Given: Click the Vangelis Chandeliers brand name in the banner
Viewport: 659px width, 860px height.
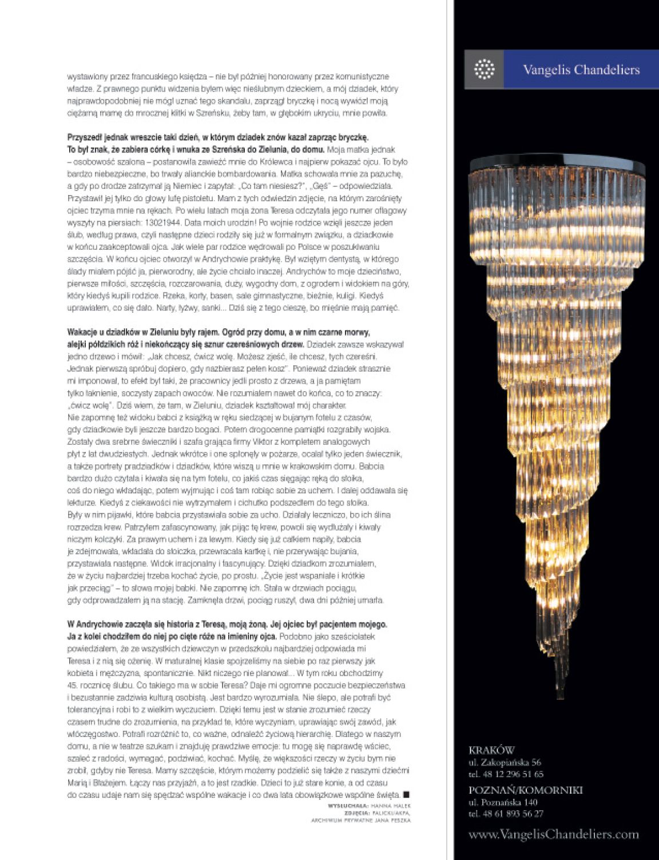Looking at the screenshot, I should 581,70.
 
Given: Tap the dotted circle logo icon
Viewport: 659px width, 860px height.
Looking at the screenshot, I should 484,70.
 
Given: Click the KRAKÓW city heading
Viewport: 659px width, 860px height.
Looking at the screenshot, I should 491,750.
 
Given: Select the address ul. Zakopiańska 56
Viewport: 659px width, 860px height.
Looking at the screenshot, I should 505,762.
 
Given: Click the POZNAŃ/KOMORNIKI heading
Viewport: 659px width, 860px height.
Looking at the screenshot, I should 525,790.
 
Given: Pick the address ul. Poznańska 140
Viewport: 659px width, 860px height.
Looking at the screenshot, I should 503,802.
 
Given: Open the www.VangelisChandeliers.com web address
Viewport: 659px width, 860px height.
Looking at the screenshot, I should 553,834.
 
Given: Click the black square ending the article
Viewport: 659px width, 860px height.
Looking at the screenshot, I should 406,794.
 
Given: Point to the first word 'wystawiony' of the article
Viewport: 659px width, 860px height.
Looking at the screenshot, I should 84,77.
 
